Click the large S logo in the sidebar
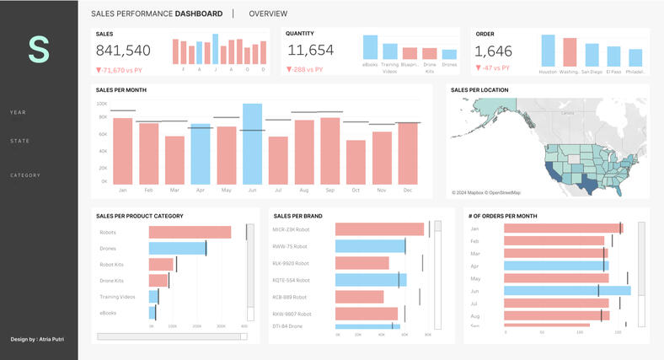[39, 50]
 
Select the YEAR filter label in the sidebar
[18, 112]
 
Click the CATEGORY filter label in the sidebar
[25, 175]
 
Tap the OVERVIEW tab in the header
[268, 13]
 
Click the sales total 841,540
[124, 51]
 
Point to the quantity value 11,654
[311, 51]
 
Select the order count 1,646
[494, 51]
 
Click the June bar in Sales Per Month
[252, 143]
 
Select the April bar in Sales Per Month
[200, 154]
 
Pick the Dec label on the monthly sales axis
[408, 191]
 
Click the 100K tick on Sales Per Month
[102, 104]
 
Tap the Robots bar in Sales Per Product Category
[190, 233]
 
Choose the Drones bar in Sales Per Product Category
[177, 249]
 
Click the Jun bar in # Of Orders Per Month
[566, 291]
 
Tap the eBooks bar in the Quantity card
[370, 47]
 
